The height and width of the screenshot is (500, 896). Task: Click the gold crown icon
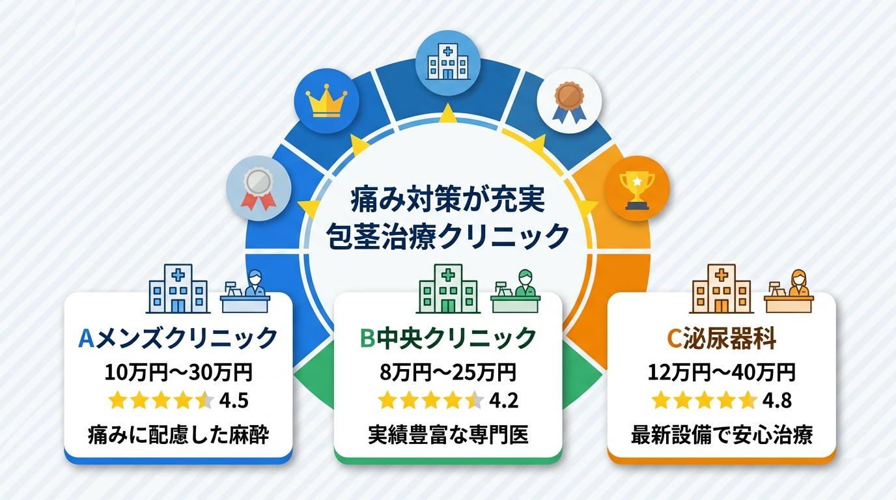(326, 102)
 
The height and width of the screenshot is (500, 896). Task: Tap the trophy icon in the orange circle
(637, 188)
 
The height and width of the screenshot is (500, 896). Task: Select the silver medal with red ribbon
(259, 189)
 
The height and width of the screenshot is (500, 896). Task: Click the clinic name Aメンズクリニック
(177, 338)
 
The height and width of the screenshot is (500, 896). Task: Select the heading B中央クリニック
(447, 338)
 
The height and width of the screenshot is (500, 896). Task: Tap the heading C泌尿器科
(721, 338)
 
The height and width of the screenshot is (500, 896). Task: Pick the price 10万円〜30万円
(178, 372)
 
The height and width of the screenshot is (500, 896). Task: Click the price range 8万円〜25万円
(447, 372)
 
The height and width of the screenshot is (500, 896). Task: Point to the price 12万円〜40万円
(721, 372)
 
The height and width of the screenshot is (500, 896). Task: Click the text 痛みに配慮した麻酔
(178, 435)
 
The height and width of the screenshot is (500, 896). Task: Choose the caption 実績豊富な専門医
(447, 435)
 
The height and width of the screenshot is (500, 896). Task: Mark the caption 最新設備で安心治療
(721, 435)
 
